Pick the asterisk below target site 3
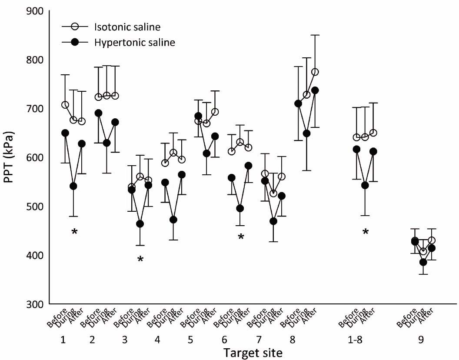pyautogui.click(x=140, y=260)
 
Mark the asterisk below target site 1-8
pyautogui.click(x=366, y=232)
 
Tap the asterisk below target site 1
pyautogui.click(x=74, y=232)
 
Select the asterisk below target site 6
pyautogui.click(x=240, y=237)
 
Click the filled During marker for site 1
pyautogui.click(x=73, y=186)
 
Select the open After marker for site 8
pyautogui.click(x=315, y=72)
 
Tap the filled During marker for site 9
pyautogui.click(x=423, y=262)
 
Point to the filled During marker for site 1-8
pyautogui.click(x=365, y=185)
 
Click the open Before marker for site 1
pyautogui.click(x=65, y=105)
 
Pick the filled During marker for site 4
pyautogui.click(x=173, y=220)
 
